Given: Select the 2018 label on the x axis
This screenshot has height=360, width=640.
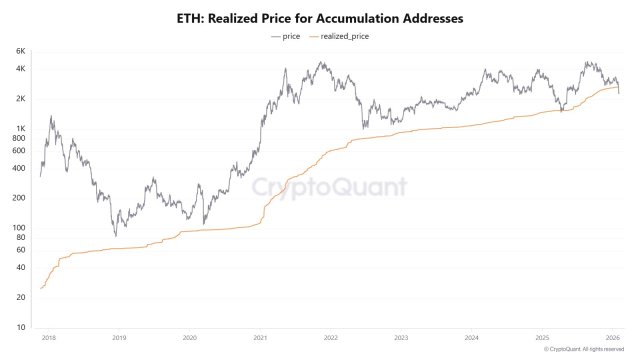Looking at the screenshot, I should pos(48,338).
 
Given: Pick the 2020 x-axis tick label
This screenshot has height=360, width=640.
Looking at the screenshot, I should pos(189,338).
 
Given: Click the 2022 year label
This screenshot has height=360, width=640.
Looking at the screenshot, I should pos(331,338).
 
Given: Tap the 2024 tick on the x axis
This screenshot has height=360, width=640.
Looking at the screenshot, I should pos(472,338).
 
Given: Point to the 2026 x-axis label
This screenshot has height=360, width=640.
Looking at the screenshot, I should pos(613,338).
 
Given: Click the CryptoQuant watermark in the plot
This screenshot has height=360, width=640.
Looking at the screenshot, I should pos(328,186).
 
